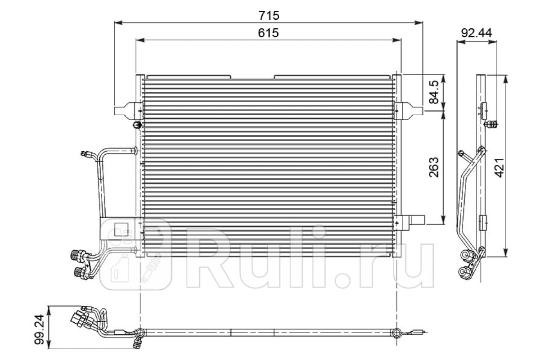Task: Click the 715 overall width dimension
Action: (269, 15)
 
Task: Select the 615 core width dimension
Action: (268, 33)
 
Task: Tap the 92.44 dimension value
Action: (477, 33)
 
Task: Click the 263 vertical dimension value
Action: (434, 167)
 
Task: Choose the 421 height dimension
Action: (499, 168)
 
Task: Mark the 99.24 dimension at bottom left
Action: (39, 329)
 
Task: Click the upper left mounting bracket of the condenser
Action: (128, 111)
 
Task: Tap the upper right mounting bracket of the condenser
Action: (408, 111)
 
